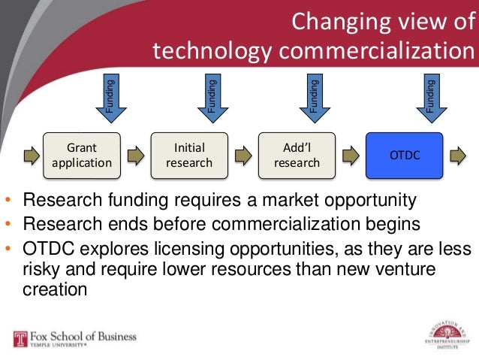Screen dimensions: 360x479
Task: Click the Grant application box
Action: [x=82, y=156]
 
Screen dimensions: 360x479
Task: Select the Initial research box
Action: [x=189, y=156]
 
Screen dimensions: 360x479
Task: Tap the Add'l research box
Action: [x=297, y=156]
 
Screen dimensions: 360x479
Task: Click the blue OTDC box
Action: [x=405, y=156]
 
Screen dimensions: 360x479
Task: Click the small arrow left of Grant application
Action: [x=30, y=156]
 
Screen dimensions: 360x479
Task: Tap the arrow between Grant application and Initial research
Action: [x=135, y=156]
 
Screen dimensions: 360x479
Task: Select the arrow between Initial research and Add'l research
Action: [x=243, y=156]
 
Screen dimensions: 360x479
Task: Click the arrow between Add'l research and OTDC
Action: [x=350, y=156]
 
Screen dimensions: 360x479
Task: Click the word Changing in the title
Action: [x=334, y=23]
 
